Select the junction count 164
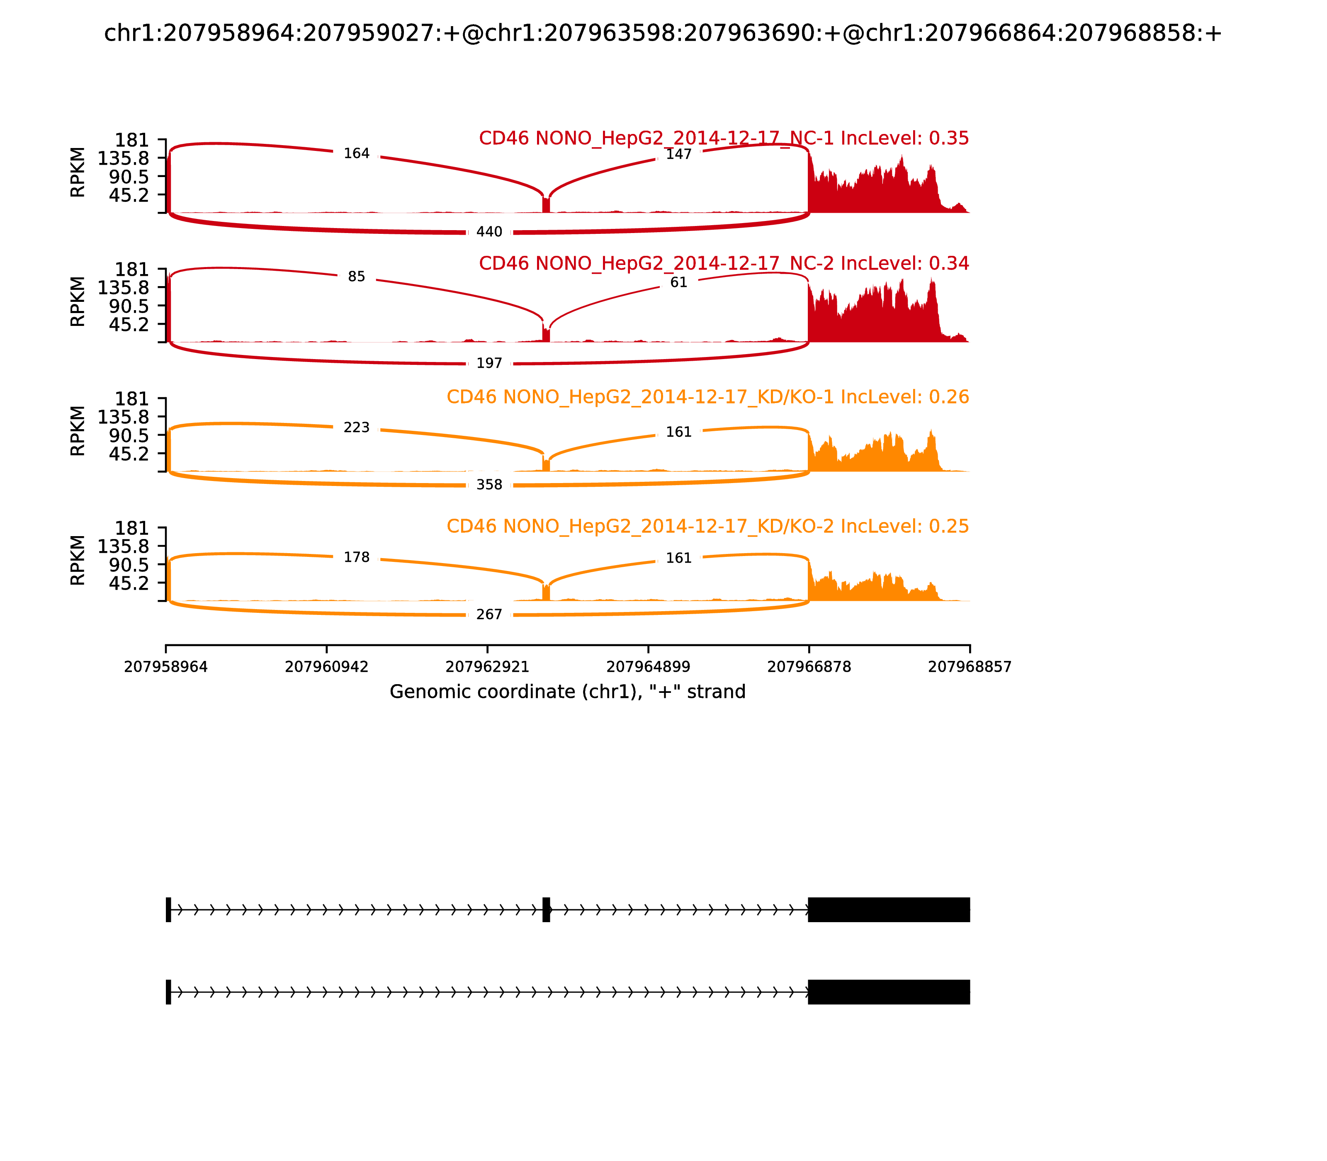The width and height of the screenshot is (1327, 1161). pyautogui.click(x=356, y=153)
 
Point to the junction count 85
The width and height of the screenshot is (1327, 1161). pyautogui.click(x=356, y=277)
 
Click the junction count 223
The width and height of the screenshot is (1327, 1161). pyautogui.click(x=356, y=427)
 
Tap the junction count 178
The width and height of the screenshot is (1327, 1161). pyautogui.click(x=356, y=557)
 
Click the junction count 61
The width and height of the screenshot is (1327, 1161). pyautogui.click(x=678, y=282)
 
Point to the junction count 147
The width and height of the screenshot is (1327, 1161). pyautogui.click(x=678, y=154)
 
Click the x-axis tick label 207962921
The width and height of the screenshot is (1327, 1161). pyautogui.click(x=487, y=667)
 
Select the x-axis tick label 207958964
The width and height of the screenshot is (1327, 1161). pyautogui.click(x=166, y=667)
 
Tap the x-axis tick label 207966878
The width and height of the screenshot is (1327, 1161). pyautogui.click(x=809, y=667)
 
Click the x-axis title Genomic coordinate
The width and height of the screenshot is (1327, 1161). pyautogui.click(x=568, y=692)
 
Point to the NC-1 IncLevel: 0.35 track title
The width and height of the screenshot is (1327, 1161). pyautogui.click(x=724, y=138)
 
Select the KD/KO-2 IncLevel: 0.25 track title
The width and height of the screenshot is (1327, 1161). pyautogui.click(x=707, y=526)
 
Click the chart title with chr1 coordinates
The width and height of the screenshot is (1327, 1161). pyautogui.click(x=663, y=33)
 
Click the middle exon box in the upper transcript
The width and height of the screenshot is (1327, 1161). pyautogui.click(x=546, y=910)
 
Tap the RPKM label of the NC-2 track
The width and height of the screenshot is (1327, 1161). pyautogui.click(x=78, y=301)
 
